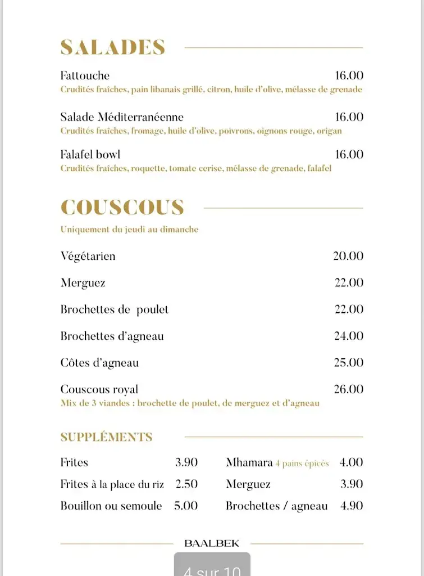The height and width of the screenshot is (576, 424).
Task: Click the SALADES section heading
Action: tap(112, 48)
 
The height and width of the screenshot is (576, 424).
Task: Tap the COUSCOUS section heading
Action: tap(122, 208)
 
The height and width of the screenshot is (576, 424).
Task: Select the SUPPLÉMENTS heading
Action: tap(106, 437)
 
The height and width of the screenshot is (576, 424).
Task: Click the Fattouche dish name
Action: tap(85, 75)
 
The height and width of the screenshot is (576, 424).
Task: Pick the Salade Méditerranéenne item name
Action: tap(122, 117)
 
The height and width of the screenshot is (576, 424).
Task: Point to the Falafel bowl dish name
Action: tap(90, 154)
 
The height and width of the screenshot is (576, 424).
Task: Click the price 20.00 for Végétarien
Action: tap(348, 256)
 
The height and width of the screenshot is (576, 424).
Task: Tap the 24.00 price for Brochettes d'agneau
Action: tap(349, 336)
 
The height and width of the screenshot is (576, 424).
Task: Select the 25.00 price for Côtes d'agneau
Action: tap(349, 363)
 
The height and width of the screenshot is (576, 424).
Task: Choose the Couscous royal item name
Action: tap(99, 389)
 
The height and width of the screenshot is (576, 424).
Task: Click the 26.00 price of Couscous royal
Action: tap(349, 389)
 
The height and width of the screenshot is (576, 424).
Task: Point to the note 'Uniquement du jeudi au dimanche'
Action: tap(129, 229)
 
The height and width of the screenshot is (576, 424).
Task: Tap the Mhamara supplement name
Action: tap(249, 462)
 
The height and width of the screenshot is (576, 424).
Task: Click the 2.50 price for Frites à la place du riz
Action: tap(186, 484)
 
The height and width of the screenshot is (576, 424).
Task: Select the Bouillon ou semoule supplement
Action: tap(111, 506)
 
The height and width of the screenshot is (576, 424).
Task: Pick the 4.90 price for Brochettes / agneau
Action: tap(352, 506)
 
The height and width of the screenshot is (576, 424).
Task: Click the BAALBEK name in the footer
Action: tap(212, 543)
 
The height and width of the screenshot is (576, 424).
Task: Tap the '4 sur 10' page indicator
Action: tap(212, 569)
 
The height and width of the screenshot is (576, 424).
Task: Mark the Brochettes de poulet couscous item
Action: tap(115, 309)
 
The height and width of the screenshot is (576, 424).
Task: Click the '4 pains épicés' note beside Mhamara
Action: tap(302, 463)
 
